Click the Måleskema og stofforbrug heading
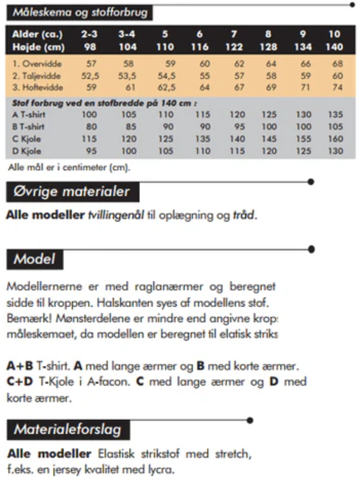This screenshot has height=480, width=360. coord(80,13)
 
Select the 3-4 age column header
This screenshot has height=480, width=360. coord(127,34)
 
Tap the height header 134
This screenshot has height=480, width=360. coord(303,47)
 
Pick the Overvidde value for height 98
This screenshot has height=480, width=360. coord(91,63)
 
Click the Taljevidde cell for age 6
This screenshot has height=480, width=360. coord(204,76)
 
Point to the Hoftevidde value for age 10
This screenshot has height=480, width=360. coord(337,88)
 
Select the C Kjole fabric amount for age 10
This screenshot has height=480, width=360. coord(335,139)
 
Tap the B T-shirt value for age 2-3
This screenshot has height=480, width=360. coord(91,127)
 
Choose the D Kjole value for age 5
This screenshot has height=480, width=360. coord(166,151)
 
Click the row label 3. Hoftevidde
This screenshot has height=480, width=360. coord(38,88)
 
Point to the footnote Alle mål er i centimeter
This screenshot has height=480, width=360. coord(69,167)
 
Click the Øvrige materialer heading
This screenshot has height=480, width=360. coord(72,192)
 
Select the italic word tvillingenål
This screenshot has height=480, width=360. coord(116,215)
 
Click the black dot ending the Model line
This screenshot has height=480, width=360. coord(311,250)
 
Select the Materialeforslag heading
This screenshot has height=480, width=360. coord(67,430)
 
